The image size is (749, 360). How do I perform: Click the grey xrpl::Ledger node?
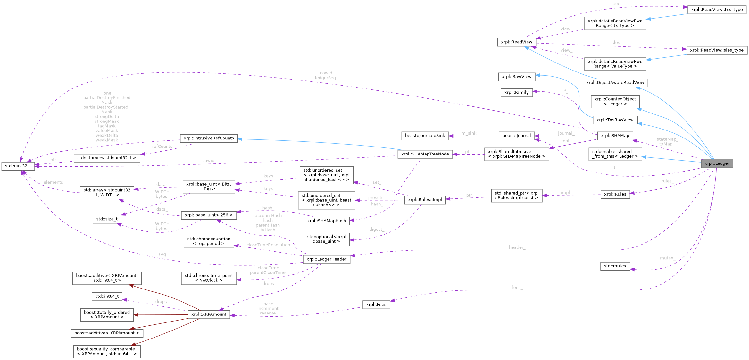tap(717, 163)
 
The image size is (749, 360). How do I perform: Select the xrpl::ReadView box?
tap(516, 42)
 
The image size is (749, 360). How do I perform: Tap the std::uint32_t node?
tap(18, 166)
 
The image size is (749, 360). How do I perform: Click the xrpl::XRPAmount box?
tap(209, 314)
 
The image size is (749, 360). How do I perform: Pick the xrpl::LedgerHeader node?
tap(326, 259)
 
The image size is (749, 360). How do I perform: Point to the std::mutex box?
tap(615, 266)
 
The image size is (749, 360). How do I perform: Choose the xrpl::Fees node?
tap(376, 305)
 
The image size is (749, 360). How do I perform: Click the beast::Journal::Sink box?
tap(425, 136)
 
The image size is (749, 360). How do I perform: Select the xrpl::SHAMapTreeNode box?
tap(425, 154)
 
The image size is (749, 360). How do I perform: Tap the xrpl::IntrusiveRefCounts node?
tap(209, 138)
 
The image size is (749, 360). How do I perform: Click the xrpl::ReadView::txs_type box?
tap(717, 10)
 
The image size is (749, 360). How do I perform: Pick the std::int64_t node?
tap(107, 297)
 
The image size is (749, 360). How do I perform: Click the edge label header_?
tap(516, 247)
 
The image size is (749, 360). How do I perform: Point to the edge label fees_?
tap(516, 288)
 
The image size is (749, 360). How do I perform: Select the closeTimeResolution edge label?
tap(268, 245)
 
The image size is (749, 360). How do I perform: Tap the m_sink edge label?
tap(469, 133)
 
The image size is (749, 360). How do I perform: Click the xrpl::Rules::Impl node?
tap(425, 200)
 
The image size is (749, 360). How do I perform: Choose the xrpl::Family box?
tap(516, 93)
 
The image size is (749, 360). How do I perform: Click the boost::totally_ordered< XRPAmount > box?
tap(107, 315)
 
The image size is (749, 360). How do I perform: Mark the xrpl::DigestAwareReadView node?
tap(615, 83)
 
